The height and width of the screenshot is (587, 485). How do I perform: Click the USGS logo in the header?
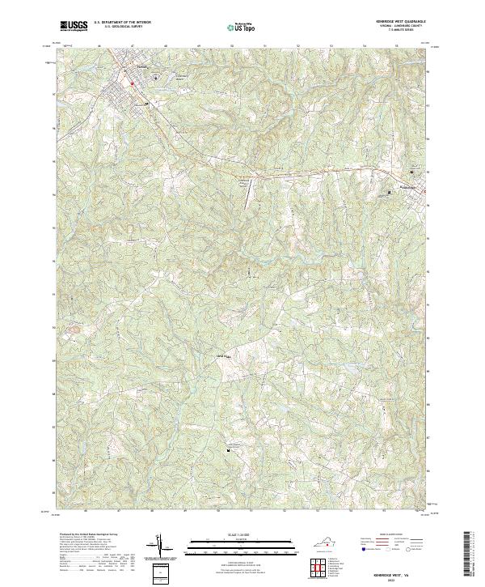click(74, 26)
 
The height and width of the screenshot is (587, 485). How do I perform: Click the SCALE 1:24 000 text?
click(234, 535)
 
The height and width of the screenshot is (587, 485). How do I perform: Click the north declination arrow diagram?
click(159, 546)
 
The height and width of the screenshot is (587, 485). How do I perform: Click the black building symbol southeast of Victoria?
click(146, 104)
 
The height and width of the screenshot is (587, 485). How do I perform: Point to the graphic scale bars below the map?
click(234, 546)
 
